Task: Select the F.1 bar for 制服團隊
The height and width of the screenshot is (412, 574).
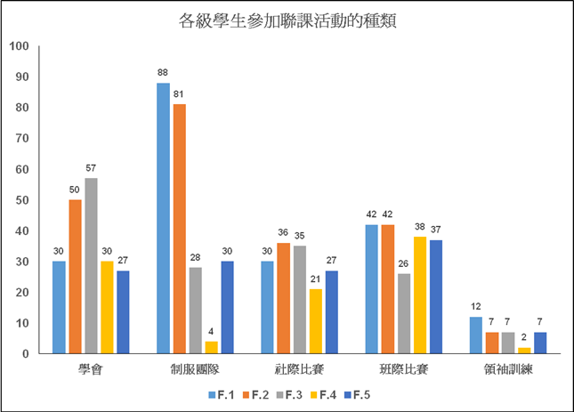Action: point(163,218)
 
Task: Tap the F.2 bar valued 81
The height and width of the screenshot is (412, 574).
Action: point(179,229)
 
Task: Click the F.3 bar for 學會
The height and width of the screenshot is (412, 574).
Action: point(91,266)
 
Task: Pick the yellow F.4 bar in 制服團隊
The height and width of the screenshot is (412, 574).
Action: point(211,348)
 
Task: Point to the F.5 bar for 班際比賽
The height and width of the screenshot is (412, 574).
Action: point(435,296)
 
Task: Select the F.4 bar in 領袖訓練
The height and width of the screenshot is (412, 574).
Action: point(524,351)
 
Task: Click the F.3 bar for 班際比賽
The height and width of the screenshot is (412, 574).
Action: point(403,313)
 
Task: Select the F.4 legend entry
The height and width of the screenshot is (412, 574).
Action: point(324,393)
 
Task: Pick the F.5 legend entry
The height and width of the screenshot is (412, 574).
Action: point(359,393)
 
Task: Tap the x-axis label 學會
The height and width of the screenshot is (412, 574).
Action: point(90,369)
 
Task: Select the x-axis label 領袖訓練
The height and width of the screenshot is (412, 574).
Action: point(507,369)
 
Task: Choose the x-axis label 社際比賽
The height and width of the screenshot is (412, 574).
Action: point(299,369)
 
